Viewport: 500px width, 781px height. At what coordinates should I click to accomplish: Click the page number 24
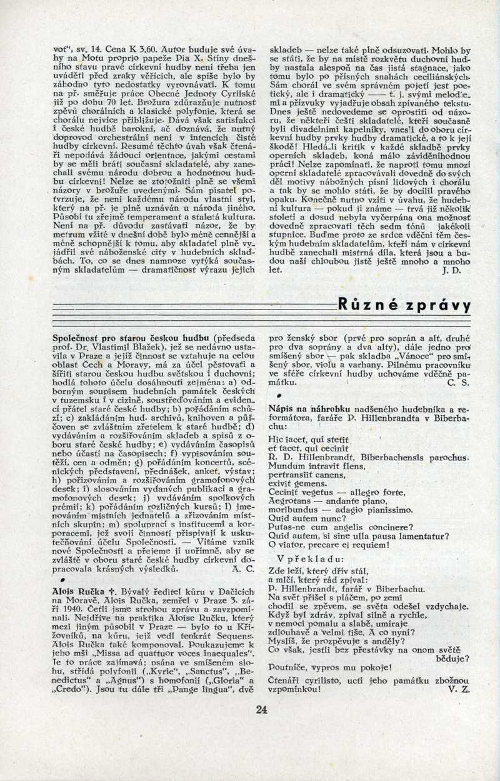point(262,710)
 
